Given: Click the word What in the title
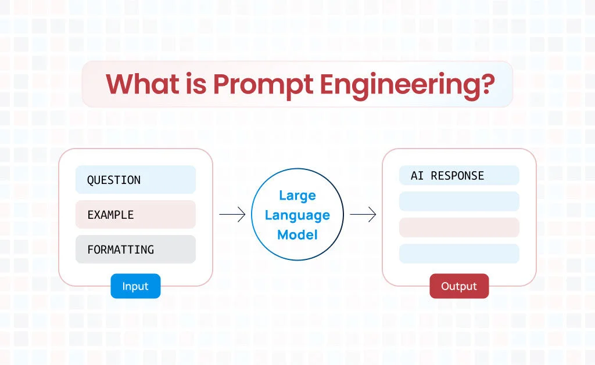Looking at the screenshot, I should click(143, 84).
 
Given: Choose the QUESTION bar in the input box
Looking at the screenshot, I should click(135, 180).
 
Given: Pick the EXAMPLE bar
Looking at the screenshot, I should click(135, 215).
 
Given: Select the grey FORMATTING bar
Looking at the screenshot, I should click(135, 250).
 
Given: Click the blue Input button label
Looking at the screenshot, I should click(135, 286).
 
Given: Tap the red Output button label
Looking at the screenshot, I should click(459, 286).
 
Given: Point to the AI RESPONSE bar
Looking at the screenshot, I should click(459, 175).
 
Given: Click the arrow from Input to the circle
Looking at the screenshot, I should click(232, 215).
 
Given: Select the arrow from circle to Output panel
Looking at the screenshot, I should click(363, 215).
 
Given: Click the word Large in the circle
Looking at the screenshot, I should click(297, 195).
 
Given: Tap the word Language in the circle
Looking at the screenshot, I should click(297, 215).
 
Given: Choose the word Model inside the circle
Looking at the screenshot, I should click(297, 234).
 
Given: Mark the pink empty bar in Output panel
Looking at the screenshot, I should click(459, 227).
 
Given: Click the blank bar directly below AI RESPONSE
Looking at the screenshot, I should click(459, 201).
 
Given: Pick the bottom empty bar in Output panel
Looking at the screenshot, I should click(459, 254).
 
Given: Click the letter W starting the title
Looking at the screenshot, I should click(120, 84).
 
